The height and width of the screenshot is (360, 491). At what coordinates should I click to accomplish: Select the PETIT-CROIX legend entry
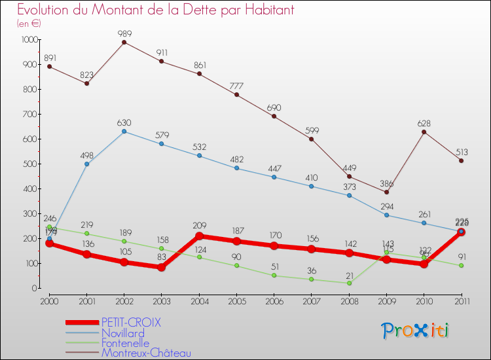pyautogui.click(x=130, y=323)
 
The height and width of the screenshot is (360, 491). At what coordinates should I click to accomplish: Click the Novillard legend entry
pyautogui.click(x=122, y=333)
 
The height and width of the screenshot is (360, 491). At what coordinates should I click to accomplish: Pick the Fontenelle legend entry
pyautogui.click(x=125, y=343)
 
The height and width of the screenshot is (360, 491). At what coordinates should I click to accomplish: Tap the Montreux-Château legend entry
pyautogui.click(x=146, y=353)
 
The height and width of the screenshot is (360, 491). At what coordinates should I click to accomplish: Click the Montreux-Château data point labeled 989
pyautogui.click(x=124, y=43)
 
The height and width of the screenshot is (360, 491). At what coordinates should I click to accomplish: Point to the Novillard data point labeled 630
pyautogui.click(x=124, y=132)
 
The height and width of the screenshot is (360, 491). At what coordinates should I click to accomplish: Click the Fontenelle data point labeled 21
pyautogui.click(x=349, y=283)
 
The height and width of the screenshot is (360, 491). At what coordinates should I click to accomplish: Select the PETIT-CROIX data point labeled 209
pyautogui.click(x=199, y=236)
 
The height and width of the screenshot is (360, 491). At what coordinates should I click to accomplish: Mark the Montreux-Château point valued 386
pyautogui.click(x=386, y=192)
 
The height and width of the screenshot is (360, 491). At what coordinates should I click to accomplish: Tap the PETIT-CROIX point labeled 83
pyautogui.click(x=161, y=267)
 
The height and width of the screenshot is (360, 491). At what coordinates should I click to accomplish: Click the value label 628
pyautogui.click(x=424, y=124)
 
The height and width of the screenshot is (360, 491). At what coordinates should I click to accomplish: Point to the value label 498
pyautogui.click(x=86, y=156)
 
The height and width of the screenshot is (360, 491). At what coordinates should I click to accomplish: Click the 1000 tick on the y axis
pyautogui.click(x=29, y=40)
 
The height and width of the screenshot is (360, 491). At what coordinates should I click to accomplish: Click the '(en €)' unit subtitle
pyautogui.click(x=29, y=23)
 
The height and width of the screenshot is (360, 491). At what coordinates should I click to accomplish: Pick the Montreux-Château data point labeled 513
pyautogui.click(x=462, y=160)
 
